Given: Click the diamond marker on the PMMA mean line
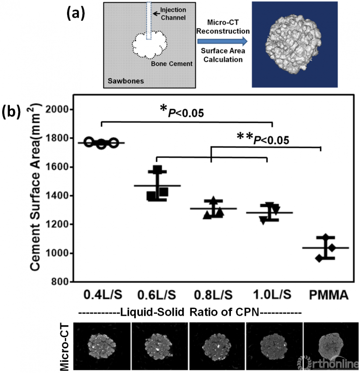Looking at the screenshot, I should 331,248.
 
